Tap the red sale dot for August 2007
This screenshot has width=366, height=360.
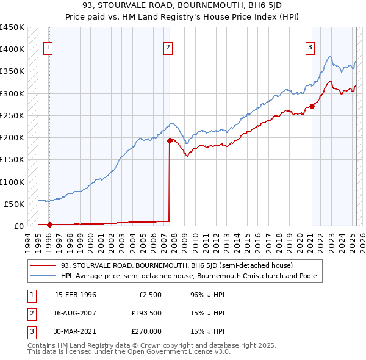tap(170, 140)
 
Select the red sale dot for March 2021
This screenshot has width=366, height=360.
tap(312, 106)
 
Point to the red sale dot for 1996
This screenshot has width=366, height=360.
tap(49, 224)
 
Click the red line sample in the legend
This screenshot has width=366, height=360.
tap(43, 265)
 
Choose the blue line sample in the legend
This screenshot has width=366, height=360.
tap(43, 276)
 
